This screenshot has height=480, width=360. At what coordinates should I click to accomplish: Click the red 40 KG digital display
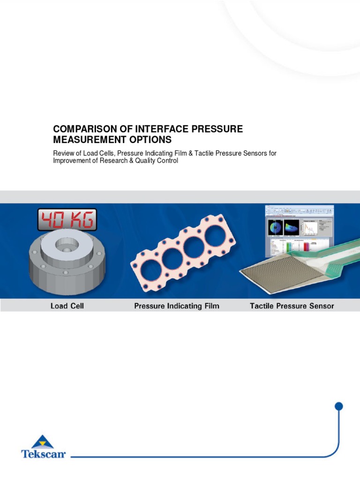pos(67,219)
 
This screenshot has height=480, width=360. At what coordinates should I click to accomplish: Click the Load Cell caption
pos(67,306)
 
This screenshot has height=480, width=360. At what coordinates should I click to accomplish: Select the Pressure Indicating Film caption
pos(176,306)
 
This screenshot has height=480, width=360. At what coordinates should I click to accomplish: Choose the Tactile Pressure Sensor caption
pos(292,306)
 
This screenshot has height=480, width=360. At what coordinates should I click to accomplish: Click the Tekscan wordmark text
pos(43,454)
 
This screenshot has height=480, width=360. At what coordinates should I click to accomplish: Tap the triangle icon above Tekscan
pos(43,442)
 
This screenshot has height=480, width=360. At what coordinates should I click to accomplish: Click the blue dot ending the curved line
pos(339,406)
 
